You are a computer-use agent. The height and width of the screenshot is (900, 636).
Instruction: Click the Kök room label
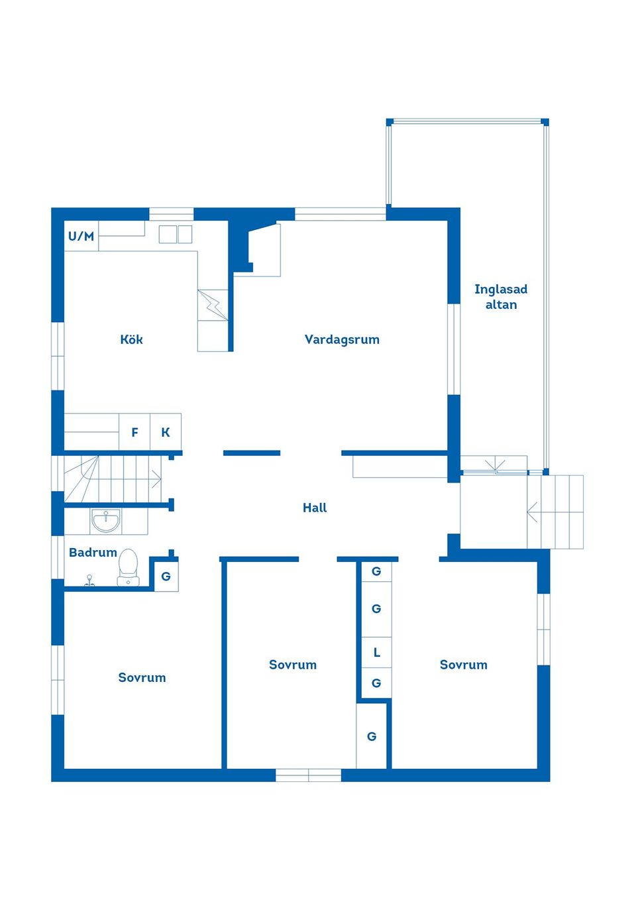131,339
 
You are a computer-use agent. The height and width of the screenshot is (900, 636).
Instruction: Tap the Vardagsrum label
342,340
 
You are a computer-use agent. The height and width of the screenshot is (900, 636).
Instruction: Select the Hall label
315,508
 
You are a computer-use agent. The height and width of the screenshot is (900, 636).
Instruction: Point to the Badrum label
93,553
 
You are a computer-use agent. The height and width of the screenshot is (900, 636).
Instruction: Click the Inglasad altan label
501,297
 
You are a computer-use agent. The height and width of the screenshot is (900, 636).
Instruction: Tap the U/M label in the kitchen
81,236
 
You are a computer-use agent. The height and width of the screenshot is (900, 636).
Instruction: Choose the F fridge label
135,432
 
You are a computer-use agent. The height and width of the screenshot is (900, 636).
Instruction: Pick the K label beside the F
166,432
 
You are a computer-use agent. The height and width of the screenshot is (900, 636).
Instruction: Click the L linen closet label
376,653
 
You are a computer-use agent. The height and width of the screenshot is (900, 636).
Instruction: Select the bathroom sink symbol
105,521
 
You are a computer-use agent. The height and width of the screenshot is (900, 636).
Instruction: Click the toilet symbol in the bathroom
128,567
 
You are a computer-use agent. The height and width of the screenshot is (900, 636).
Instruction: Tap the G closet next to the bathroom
166,577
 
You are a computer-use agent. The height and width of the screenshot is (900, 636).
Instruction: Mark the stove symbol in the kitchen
213,305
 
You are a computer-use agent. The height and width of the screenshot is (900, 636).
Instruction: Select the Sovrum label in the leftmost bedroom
142,678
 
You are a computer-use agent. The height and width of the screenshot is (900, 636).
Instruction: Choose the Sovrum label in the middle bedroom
293,665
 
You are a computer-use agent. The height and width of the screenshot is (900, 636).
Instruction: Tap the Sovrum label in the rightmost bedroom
463,665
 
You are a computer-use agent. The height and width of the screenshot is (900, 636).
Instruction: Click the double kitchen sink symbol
176,234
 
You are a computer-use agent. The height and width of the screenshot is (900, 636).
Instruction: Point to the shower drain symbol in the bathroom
89,581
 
